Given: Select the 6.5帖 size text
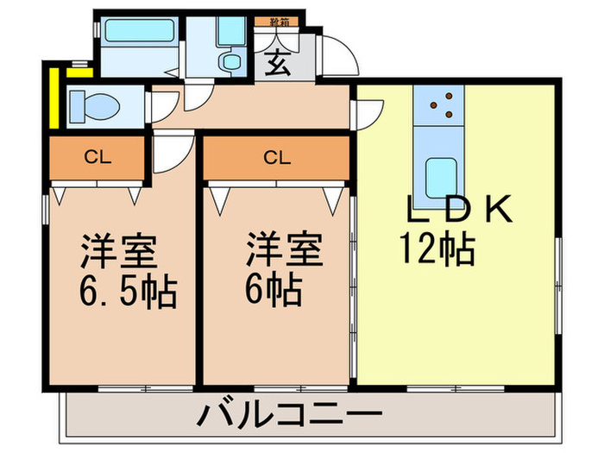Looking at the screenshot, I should (x=125, y=293).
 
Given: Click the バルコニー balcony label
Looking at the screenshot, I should (x=290, y=418).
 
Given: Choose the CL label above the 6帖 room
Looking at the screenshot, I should (x=275, y=157).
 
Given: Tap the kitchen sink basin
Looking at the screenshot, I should (x=442, y=177).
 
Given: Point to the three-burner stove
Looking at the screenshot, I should (x=443, y=106).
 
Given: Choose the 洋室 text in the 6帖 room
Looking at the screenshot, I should (x=284, y=250).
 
